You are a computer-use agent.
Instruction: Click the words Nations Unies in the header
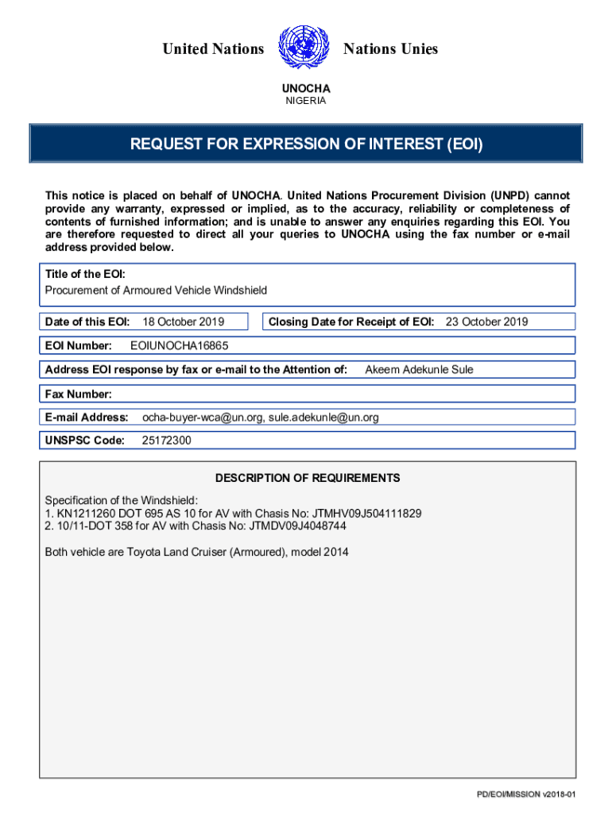tap(390, 49)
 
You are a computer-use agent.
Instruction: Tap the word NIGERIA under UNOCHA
tap(306, 101)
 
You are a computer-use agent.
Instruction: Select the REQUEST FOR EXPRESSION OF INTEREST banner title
tap(306, 144)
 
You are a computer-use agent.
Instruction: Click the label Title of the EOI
tap(85, 274)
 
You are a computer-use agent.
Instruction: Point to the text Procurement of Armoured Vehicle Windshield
tap(156, 291)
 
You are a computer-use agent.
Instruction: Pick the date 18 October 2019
tap(183, 322)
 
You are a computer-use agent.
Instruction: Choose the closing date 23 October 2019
tap(486, 322)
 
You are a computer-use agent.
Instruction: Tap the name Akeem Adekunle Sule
tap(419, 369)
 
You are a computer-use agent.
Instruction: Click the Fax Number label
tap(79, 394)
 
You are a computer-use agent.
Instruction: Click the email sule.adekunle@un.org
tap(323, 417)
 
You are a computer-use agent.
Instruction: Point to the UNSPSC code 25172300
tap(166, 441)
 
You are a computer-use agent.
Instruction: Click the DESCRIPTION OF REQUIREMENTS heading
tap(308, 478)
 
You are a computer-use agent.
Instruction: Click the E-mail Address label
tap(87, 417)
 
